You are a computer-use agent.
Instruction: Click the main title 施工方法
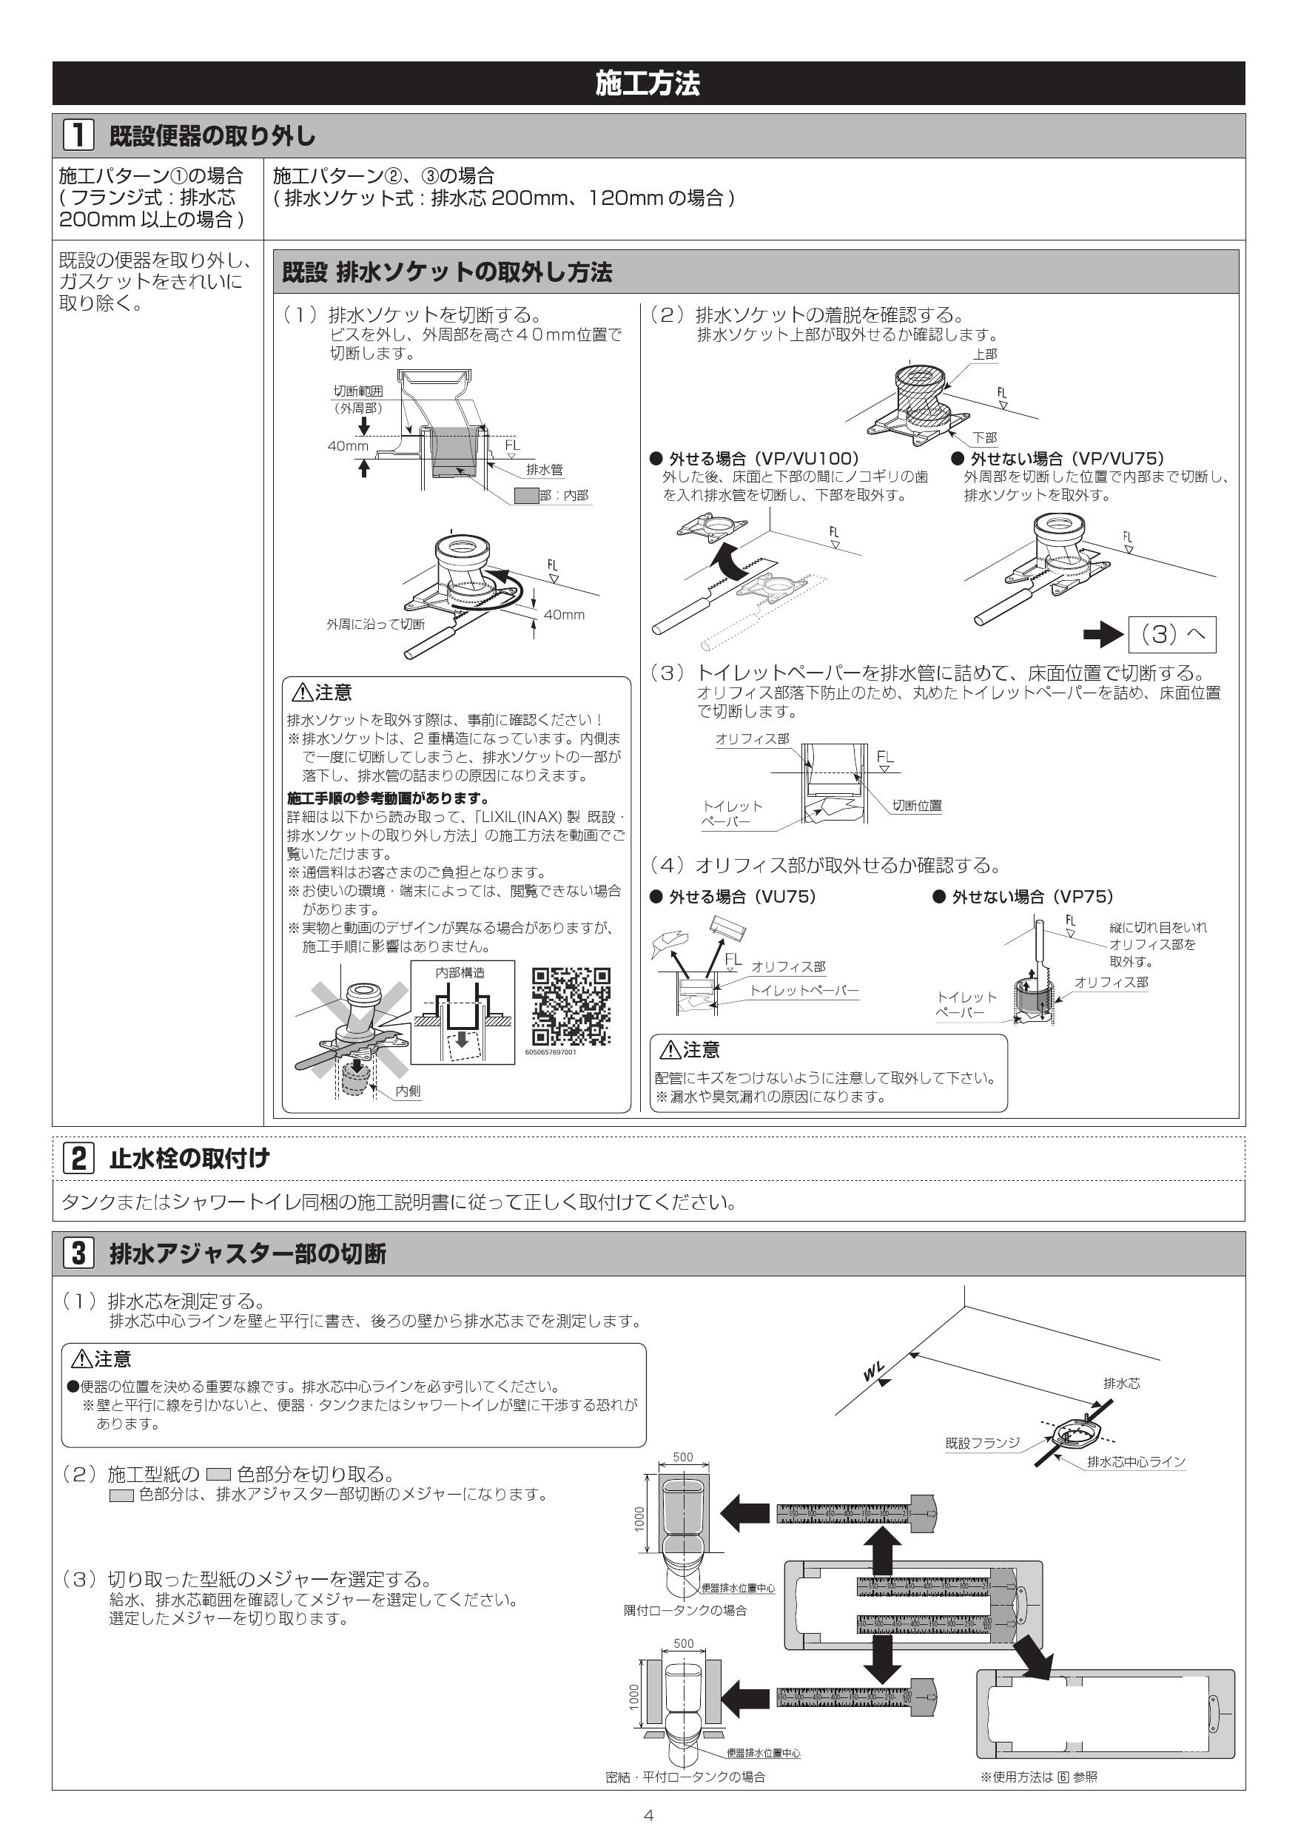648,83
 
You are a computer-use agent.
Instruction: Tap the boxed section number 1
78,136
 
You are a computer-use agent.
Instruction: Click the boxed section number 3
78,1253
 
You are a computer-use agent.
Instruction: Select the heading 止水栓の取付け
189,1158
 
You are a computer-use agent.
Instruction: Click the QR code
571,1006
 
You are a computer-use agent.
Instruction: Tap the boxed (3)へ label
1171,635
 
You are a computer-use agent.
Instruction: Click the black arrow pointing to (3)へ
1103,636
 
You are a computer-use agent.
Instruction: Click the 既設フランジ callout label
982,1443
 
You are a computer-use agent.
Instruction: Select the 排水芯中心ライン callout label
1136,1462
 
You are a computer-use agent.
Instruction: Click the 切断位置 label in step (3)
917,806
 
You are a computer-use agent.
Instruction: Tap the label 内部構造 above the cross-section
460,973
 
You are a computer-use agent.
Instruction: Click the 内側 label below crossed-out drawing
408,1091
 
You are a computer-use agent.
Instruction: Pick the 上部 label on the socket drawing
985,354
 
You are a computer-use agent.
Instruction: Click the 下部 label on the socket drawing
985,437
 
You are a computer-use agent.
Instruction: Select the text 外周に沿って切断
375,624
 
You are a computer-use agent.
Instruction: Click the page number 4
648,1816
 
